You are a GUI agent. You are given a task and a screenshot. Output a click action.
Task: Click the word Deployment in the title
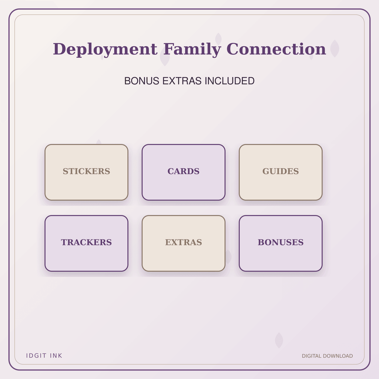[x=105, y=49]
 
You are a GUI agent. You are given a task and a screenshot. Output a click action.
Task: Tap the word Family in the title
[x=192, y=49]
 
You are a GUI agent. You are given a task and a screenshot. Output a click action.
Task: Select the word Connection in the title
[x=276, y=49]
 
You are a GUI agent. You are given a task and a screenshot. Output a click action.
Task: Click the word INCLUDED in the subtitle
[x=229, y=81]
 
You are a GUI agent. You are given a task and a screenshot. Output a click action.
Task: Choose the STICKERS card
[x=86, y=172]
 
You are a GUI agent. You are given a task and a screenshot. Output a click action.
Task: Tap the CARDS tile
[x=184, y=172]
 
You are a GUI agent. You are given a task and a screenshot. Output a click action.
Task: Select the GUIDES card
[x=281, y=172]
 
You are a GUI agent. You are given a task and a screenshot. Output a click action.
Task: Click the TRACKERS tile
[x=86, y=244]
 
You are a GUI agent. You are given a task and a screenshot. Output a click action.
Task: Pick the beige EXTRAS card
[x=184, y=244]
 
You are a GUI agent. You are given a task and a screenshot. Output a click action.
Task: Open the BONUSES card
[x=281, y=244]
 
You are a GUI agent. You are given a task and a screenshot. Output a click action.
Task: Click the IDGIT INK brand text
[x=44, y=356]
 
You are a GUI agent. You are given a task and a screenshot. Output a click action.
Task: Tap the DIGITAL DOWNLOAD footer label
[x=327, y=356]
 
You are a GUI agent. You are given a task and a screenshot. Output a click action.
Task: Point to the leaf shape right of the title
[x=335, y=48]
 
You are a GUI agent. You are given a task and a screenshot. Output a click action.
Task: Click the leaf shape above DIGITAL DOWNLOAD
[x=279, y=341]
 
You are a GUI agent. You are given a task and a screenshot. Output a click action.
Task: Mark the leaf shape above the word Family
[x=218, y=38]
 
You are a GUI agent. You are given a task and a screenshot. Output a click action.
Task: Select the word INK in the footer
[x=56, y=356]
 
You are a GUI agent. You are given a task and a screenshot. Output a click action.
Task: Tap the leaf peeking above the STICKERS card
[x=98, y=142]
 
